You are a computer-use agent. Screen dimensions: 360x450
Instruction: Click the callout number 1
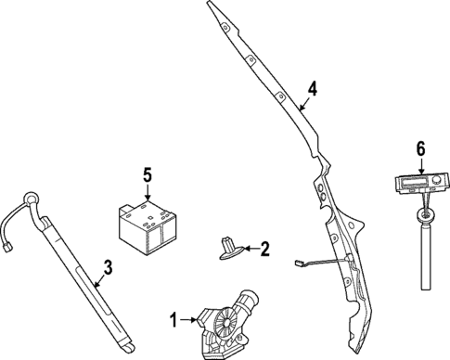(173, 321)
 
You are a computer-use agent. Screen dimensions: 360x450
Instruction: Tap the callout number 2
(264, 249)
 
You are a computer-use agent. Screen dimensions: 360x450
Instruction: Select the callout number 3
(108, 267)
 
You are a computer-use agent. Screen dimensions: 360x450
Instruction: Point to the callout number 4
(313, 89)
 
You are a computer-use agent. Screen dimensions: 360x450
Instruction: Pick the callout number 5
(147, 174)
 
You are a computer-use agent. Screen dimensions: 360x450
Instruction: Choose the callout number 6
(420, 148)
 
